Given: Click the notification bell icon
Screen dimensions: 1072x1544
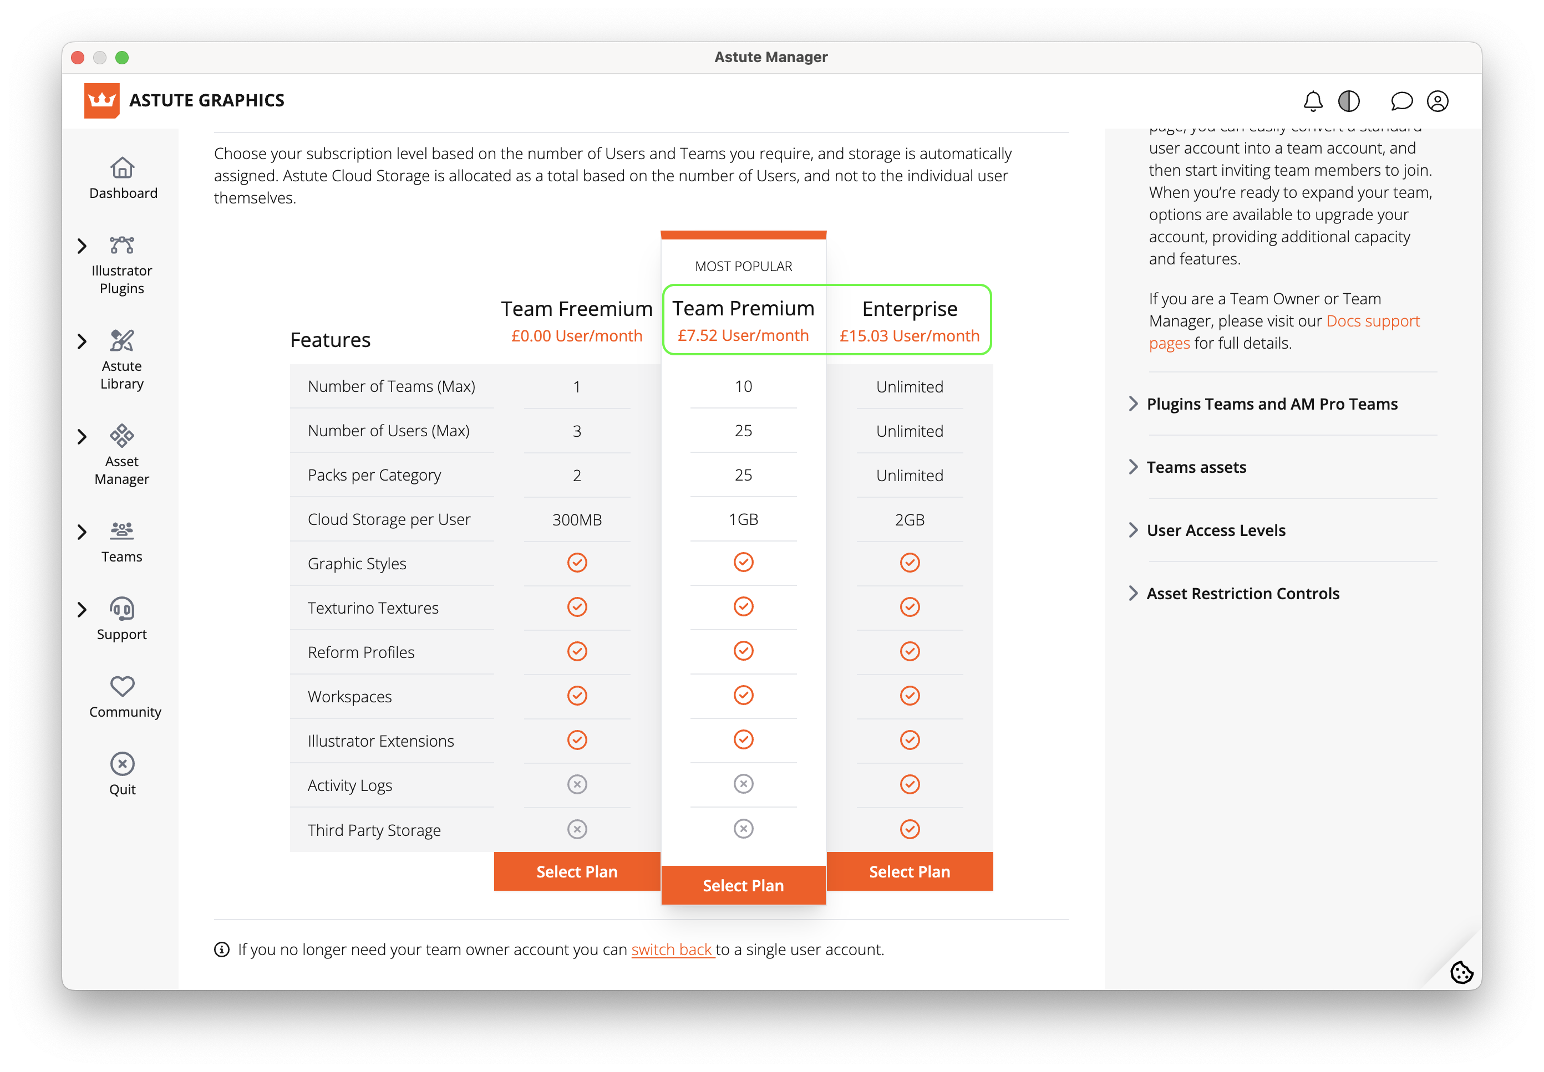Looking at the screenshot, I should pos(1312,101).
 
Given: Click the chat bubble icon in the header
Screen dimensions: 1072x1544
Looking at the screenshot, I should pos(1401,101).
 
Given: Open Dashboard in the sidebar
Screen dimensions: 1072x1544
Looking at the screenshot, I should pos(122,178).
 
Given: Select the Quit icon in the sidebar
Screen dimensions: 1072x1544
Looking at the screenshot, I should pos(122,764).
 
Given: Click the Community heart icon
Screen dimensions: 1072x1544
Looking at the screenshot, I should pos(122,686).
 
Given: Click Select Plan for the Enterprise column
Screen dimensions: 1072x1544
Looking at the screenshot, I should pos(909,871).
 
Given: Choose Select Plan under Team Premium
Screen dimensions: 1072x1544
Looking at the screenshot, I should pos(743,885).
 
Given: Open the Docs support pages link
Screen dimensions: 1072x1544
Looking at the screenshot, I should pos(1372,321).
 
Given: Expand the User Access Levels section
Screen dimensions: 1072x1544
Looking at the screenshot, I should pos(1216,530).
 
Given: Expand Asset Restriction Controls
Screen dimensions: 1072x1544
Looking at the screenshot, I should pos(1242,593).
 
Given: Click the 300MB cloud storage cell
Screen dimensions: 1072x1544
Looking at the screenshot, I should pos(576,519).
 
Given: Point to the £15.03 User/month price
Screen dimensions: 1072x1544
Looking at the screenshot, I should pos(909,336).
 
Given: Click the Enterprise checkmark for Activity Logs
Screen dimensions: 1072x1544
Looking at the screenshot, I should pos(909,784).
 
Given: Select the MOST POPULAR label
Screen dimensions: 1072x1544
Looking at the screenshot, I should pos(743,266).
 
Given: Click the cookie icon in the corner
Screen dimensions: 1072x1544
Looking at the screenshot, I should pos(1461,971).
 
